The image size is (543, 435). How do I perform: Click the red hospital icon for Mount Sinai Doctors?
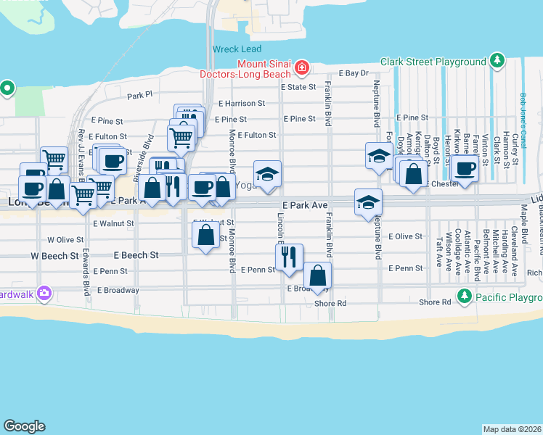click(301, 69)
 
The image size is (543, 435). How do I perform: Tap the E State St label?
click(300, 87)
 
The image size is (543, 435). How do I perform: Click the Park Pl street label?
click(140, 95)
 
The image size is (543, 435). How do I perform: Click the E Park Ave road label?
click(305, 206)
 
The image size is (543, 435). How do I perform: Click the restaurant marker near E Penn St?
click(289, 257)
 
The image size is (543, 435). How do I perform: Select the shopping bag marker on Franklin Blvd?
click(317, 275)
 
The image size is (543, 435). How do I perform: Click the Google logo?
click(25, 426)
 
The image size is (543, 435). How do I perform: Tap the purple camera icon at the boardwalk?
click(44, 293)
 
